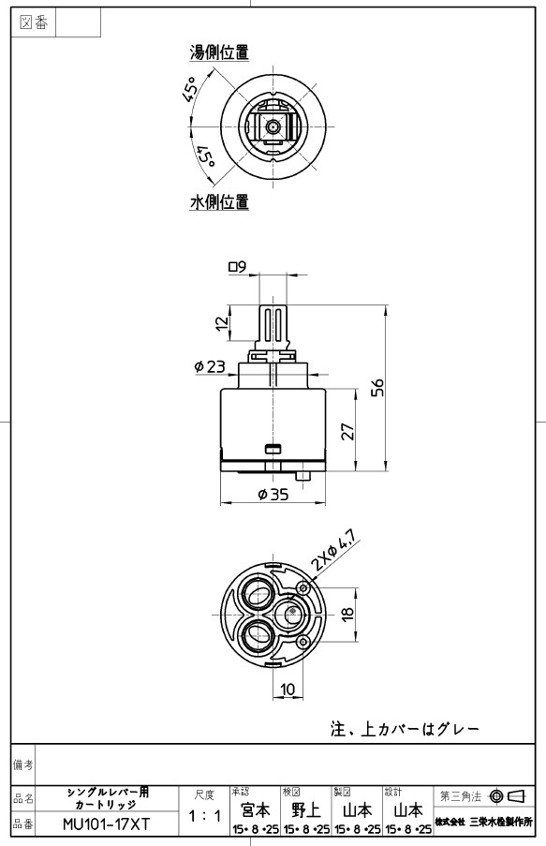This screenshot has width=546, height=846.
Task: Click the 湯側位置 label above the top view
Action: [x=219, y=52]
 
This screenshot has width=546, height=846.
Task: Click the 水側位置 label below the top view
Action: [x=219, y=202]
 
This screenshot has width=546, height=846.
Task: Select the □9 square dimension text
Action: [x=237, y=266]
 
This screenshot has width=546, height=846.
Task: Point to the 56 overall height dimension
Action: [x=379, y=387]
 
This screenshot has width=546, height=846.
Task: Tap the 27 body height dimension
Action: [x=348, y=431]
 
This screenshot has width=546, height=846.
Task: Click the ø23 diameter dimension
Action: [x=210, y=367]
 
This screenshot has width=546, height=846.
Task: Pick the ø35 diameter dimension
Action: [x=273, y=494]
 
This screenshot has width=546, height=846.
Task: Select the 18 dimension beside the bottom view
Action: [x=348, y=614]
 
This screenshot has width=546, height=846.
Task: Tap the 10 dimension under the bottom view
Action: [x=288, y=689]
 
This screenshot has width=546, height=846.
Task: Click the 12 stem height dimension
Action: [x=222, y=323]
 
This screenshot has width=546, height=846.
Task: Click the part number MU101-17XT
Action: [x=106, y=824]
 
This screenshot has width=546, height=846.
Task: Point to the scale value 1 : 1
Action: [x=204, y=816]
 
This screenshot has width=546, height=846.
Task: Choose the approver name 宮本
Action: [x=255, y=809]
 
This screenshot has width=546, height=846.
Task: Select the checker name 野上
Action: [x=306, y=809]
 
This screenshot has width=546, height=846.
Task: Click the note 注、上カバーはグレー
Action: [x=405, y=730]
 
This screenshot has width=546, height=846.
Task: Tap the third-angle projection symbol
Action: [x=508, y=795]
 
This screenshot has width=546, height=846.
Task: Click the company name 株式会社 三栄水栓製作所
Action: [x=484, y=823]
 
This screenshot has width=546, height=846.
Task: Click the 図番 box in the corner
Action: [x=34, y=22]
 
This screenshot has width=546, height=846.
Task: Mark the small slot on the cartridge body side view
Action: [x=273, y=448]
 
